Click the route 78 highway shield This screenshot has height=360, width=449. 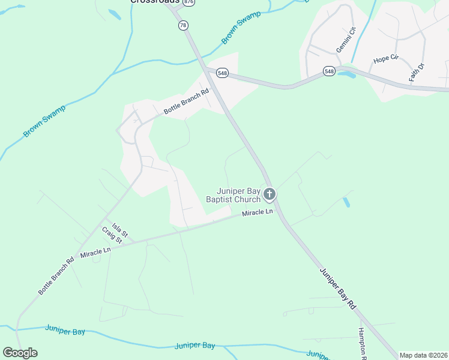(x=183, y=25)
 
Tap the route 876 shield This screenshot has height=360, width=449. (x=189, y=2)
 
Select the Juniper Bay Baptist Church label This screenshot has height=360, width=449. (x=233, y=195)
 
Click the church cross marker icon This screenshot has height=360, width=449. (x=270, y=194)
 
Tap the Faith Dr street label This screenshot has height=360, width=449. (x=417, y=72)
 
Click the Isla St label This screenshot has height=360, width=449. (x=120, y=229)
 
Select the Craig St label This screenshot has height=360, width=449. (x=112, y=235)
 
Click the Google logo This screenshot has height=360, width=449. (x=20, y=353)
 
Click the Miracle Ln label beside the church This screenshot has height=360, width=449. (x=258, y=213)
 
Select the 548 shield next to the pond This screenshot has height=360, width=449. (x=329, y=71)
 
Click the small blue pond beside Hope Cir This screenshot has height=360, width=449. (x=346, y=74)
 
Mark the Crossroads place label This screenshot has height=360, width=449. (x=155, y=2)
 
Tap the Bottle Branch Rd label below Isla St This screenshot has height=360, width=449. (x=56, y=275)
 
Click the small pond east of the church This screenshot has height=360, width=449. (x=346, y=202)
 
